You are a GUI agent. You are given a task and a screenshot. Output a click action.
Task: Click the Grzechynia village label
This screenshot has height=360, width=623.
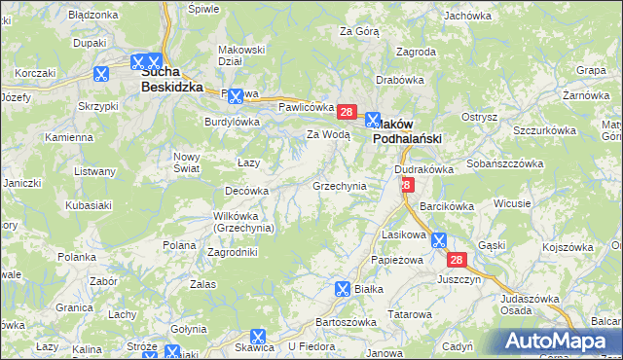[x=339, y=186]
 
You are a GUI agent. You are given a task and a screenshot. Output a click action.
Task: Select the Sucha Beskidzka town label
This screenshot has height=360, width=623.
[x=171, y=79]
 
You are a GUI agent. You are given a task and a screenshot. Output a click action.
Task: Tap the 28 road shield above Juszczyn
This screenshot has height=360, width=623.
[x=458, y=260]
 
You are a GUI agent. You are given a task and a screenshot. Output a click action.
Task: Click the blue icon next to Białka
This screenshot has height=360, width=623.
[x=343, y=289]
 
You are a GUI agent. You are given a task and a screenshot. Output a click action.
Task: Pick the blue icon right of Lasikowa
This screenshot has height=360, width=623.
[x=439, y=239]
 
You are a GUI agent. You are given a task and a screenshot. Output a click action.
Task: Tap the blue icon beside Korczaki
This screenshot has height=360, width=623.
[x=101, y=73]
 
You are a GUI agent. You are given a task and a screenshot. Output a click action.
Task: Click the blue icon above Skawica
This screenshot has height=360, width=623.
[x=258, y=337]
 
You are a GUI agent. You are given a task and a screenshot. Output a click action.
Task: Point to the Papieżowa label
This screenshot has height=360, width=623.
[x=398, y=260]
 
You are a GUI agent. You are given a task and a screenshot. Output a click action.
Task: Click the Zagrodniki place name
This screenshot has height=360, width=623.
[x=233, y=252]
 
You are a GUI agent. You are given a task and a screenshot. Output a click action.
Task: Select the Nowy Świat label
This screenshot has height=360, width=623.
[x=186, y=162]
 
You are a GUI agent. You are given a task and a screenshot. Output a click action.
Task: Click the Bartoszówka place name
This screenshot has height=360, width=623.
[x=347, y=322]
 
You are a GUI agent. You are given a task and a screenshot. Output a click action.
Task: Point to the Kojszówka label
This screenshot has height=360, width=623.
[x=568, y=247]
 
